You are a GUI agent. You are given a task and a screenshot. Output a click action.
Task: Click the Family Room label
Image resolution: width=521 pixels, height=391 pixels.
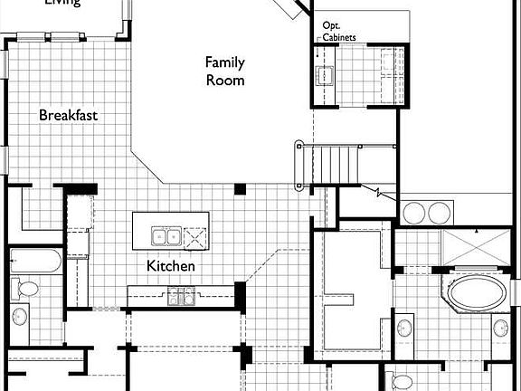(x=224, y=71)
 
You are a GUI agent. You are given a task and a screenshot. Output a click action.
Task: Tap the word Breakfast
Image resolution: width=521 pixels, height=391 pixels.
(x=68, y=116)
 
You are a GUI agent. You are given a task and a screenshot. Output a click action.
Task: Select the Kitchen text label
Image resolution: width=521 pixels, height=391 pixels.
(x=172, y=266)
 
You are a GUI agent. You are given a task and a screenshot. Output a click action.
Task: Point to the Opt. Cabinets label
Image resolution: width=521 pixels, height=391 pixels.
(x=339, y=32)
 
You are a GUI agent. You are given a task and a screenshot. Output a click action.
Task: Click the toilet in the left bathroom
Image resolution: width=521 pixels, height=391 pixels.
(x=27, y=290)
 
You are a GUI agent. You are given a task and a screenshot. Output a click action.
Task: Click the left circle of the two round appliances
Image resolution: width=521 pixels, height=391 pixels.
(x=414, y=213)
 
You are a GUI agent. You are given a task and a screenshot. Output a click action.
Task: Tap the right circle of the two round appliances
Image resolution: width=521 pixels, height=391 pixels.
(x=439, y=213)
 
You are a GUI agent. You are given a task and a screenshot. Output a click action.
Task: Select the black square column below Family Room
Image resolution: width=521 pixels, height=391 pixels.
(x=240, y=189)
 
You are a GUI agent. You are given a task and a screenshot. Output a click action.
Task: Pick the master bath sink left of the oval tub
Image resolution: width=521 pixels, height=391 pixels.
(x=404, y=326)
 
